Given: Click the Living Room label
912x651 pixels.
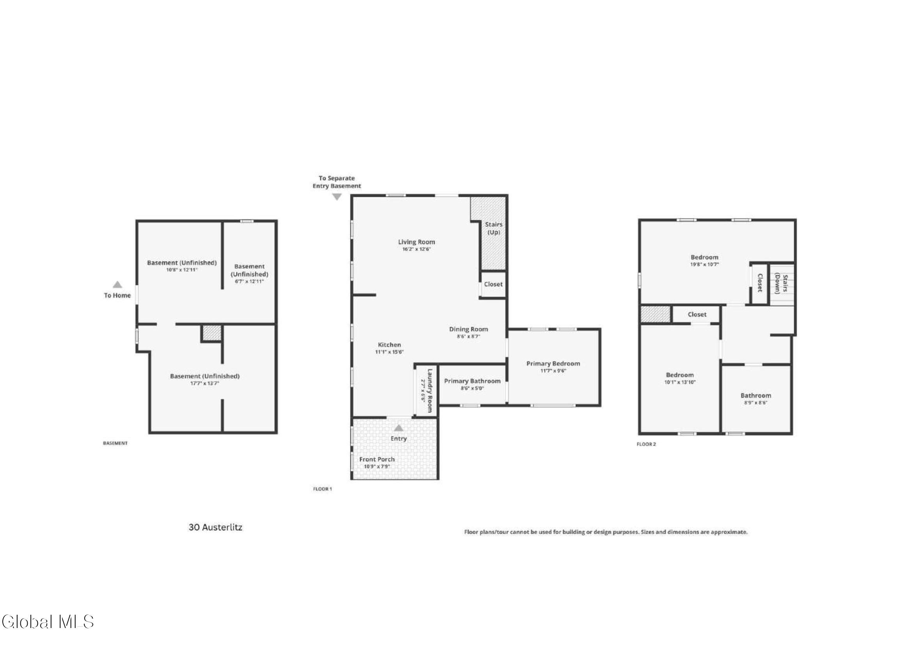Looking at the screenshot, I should coord(416,242).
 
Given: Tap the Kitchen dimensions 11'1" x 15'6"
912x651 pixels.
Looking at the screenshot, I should coord(389,352).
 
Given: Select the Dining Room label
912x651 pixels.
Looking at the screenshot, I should coord(468,329).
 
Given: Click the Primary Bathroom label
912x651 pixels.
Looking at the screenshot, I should coord(472,381).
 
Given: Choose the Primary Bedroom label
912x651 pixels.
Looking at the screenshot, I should coord(553,364).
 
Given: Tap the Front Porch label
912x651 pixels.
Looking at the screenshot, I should coord(376,459).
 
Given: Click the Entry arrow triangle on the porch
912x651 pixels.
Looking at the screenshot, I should coord(398,428).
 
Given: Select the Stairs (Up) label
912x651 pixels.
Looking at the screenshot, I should coord(493,228).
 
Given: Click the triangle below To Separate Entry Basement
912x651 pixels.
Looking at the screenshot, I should coord(337,197).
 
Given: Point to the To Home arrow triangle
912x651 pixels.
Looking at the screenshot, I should coord(117,285).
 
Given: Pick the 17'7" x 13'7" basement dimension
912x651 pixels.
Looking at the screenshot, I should coord(204,383).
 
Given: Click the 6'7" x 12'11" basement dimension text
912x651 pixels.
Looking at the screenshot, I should coord(249,281).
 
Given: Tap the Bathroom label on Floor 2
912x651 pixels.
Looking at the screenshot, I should coord(756,395).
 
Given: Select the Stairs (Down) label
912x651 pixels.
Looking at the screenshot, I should coord(781,284).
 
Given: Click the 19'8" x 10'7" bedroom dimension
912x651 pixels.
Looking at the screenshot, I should coord(704,265).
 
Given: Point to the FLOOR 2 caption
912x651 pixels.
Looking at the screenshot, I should coord(646,444).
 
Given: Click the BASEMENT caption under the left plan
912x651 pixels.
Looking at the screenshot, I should coord(115,443).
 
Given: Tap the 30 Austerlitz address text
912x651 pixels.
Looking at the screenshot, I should coord(215,527).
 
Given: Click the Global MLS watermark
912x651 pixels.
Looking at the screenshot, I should coord(47,622).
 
